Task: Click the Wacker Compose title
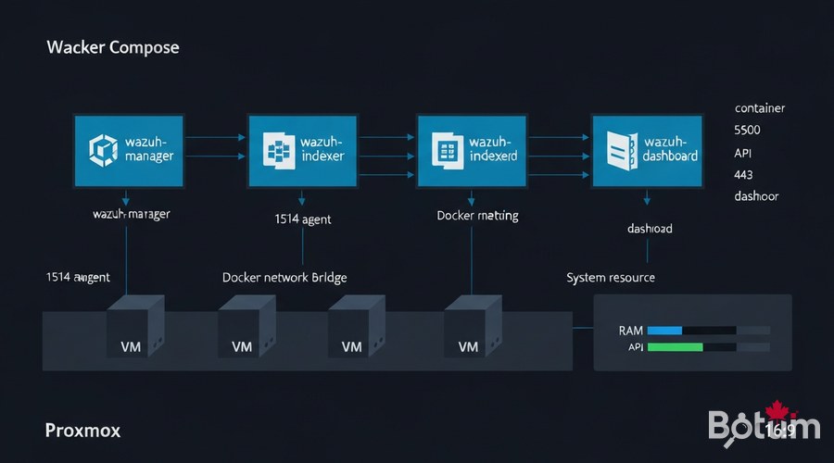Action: click(x=112, y=46)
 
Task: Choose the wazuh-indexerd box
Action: click(x=472, y=151)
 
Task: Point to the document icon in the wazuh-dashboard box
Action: click(x=620, y=149)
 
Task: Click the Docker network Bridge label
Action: click(x=284, y=277)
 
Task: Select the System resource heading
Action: click(x=611, y=277)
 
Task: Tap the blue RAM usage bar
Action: click(x=664, y=330)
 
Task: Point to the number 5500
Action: click(x=748, y=131)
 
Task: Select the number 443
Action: click(x=743, y=174)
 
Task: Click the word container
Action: click(x=759, y=108)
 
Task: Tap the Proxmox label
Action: click(x=82, y=431)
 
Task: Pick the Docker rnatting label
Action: click(x=477, y=215)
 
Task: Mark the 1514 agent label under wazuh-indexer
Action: click(x=303, y=219)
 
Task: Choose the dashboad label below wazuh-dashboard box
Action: click(x=649, y=228)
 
